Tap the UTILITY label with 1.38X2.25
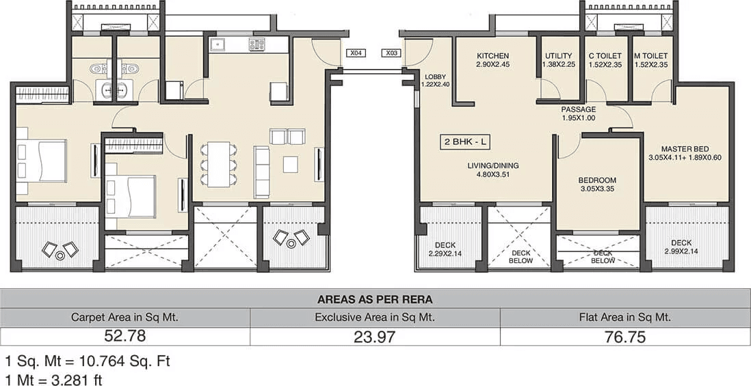pos(559,56)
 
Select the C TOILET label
pos(604,56)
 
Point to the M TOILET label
pos(650,56)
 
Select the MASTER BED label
pos(685,149)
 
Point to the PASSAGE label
pos(579,109)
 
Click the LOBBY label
pos(435,77)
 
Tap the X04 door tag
pos(356,53)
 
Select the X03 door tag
pos(392,53)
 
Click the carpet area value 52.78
pos(125,336)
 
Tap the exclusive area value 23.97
pos(375,336)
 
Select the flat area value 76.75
pos(625,336)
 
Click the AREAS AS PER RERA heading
pos(375,299)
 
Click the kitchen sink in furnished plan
pos(220,46)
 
